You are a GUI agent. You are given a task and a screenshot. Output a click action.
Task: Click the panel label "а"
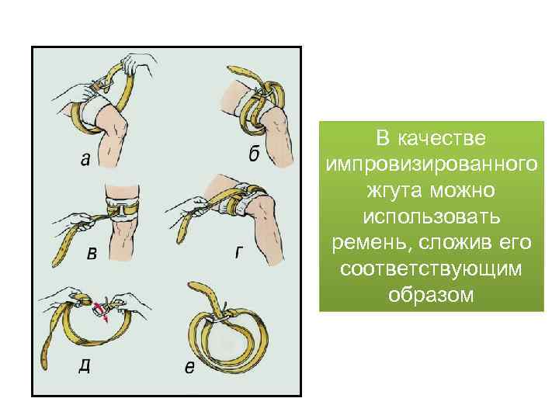(x=84, y=159)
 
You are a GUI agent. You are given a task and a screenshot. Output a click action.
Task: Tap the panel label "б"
(x=254, y=154)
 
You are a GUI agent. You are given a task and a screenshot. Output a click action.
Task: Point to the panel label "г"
(x=238, y=252)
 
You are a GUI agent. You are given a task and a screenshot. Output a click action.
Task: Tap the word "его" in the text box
(x=514, y=244)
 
